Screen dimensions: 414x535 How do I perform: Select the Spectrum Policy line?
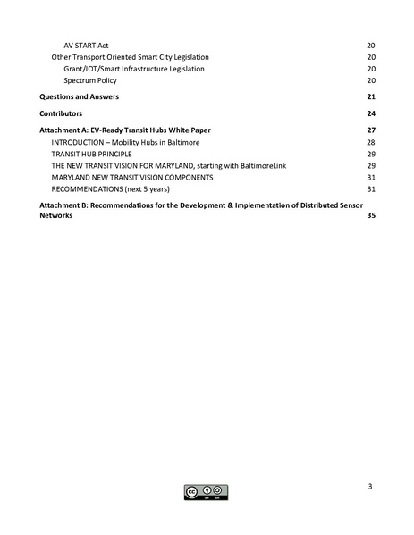coord(93,79)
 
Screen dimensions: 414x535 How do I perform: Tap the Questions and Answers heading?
coord(79,96)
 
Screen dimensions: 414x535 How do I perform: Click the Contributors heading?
coord(61,113)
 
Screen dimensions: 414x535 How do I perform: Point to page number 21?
coord(370,96)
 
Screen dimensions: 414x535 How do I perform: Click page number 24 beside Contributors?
coord(370,113)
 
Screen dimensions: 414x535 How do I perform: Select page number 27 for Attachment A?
coord(370,130)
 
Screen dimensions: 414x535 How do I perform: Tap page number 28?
coord(370,143)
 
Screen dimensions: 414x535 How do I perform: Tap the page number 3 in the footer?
coord(369,486)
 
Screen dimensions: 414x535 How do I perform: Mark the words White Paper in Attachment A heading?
coord(204,130)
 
